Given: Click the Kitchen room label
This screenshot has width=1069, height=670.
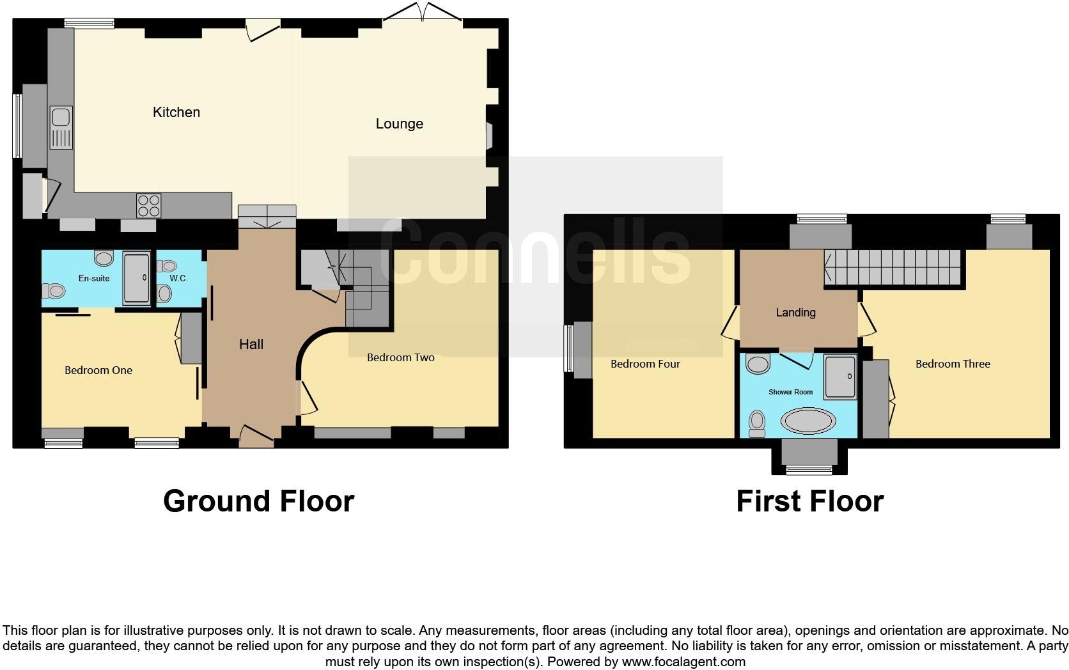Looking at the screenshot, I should tap(176, 113).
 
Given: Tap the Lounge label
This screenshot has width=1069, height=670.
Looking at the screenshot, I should tap(399, 124).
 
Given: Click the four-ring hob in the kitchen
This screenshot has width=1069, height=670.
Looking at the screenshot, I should tap(148, 206).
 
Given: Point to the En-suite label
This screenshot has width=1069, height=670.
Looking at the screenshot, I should tap(94, 279).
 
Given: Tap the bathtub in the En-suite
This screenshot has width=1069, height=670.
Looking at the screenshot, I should tap(136, 278).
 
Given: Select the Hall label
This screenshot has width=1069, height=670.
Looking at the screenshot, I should tap(251, 345).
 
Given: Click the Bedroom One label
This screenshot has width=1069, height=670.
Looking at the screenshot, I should tap(98, 370).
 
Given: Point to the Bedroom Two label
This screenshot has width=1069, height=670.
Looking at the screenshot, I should tap(401, 357).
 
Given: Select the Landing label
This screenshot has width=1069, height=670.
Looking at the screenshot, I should tap(795, 313).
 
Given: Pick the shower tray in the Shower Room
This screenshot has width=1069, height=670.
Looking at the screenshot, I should tap(839, 377).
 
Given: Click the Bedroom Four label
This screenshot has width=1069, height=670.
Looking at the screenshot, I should tap(645, 364).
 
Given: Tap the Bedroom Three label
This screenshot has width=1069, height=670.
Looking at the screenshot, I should tap(953, 364).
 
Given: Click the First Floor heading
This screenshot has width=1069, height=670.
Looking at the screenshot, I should tap(809, 501).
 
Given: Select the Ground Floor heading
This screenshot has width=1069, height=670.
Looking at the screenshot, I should tap(258, 501).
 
